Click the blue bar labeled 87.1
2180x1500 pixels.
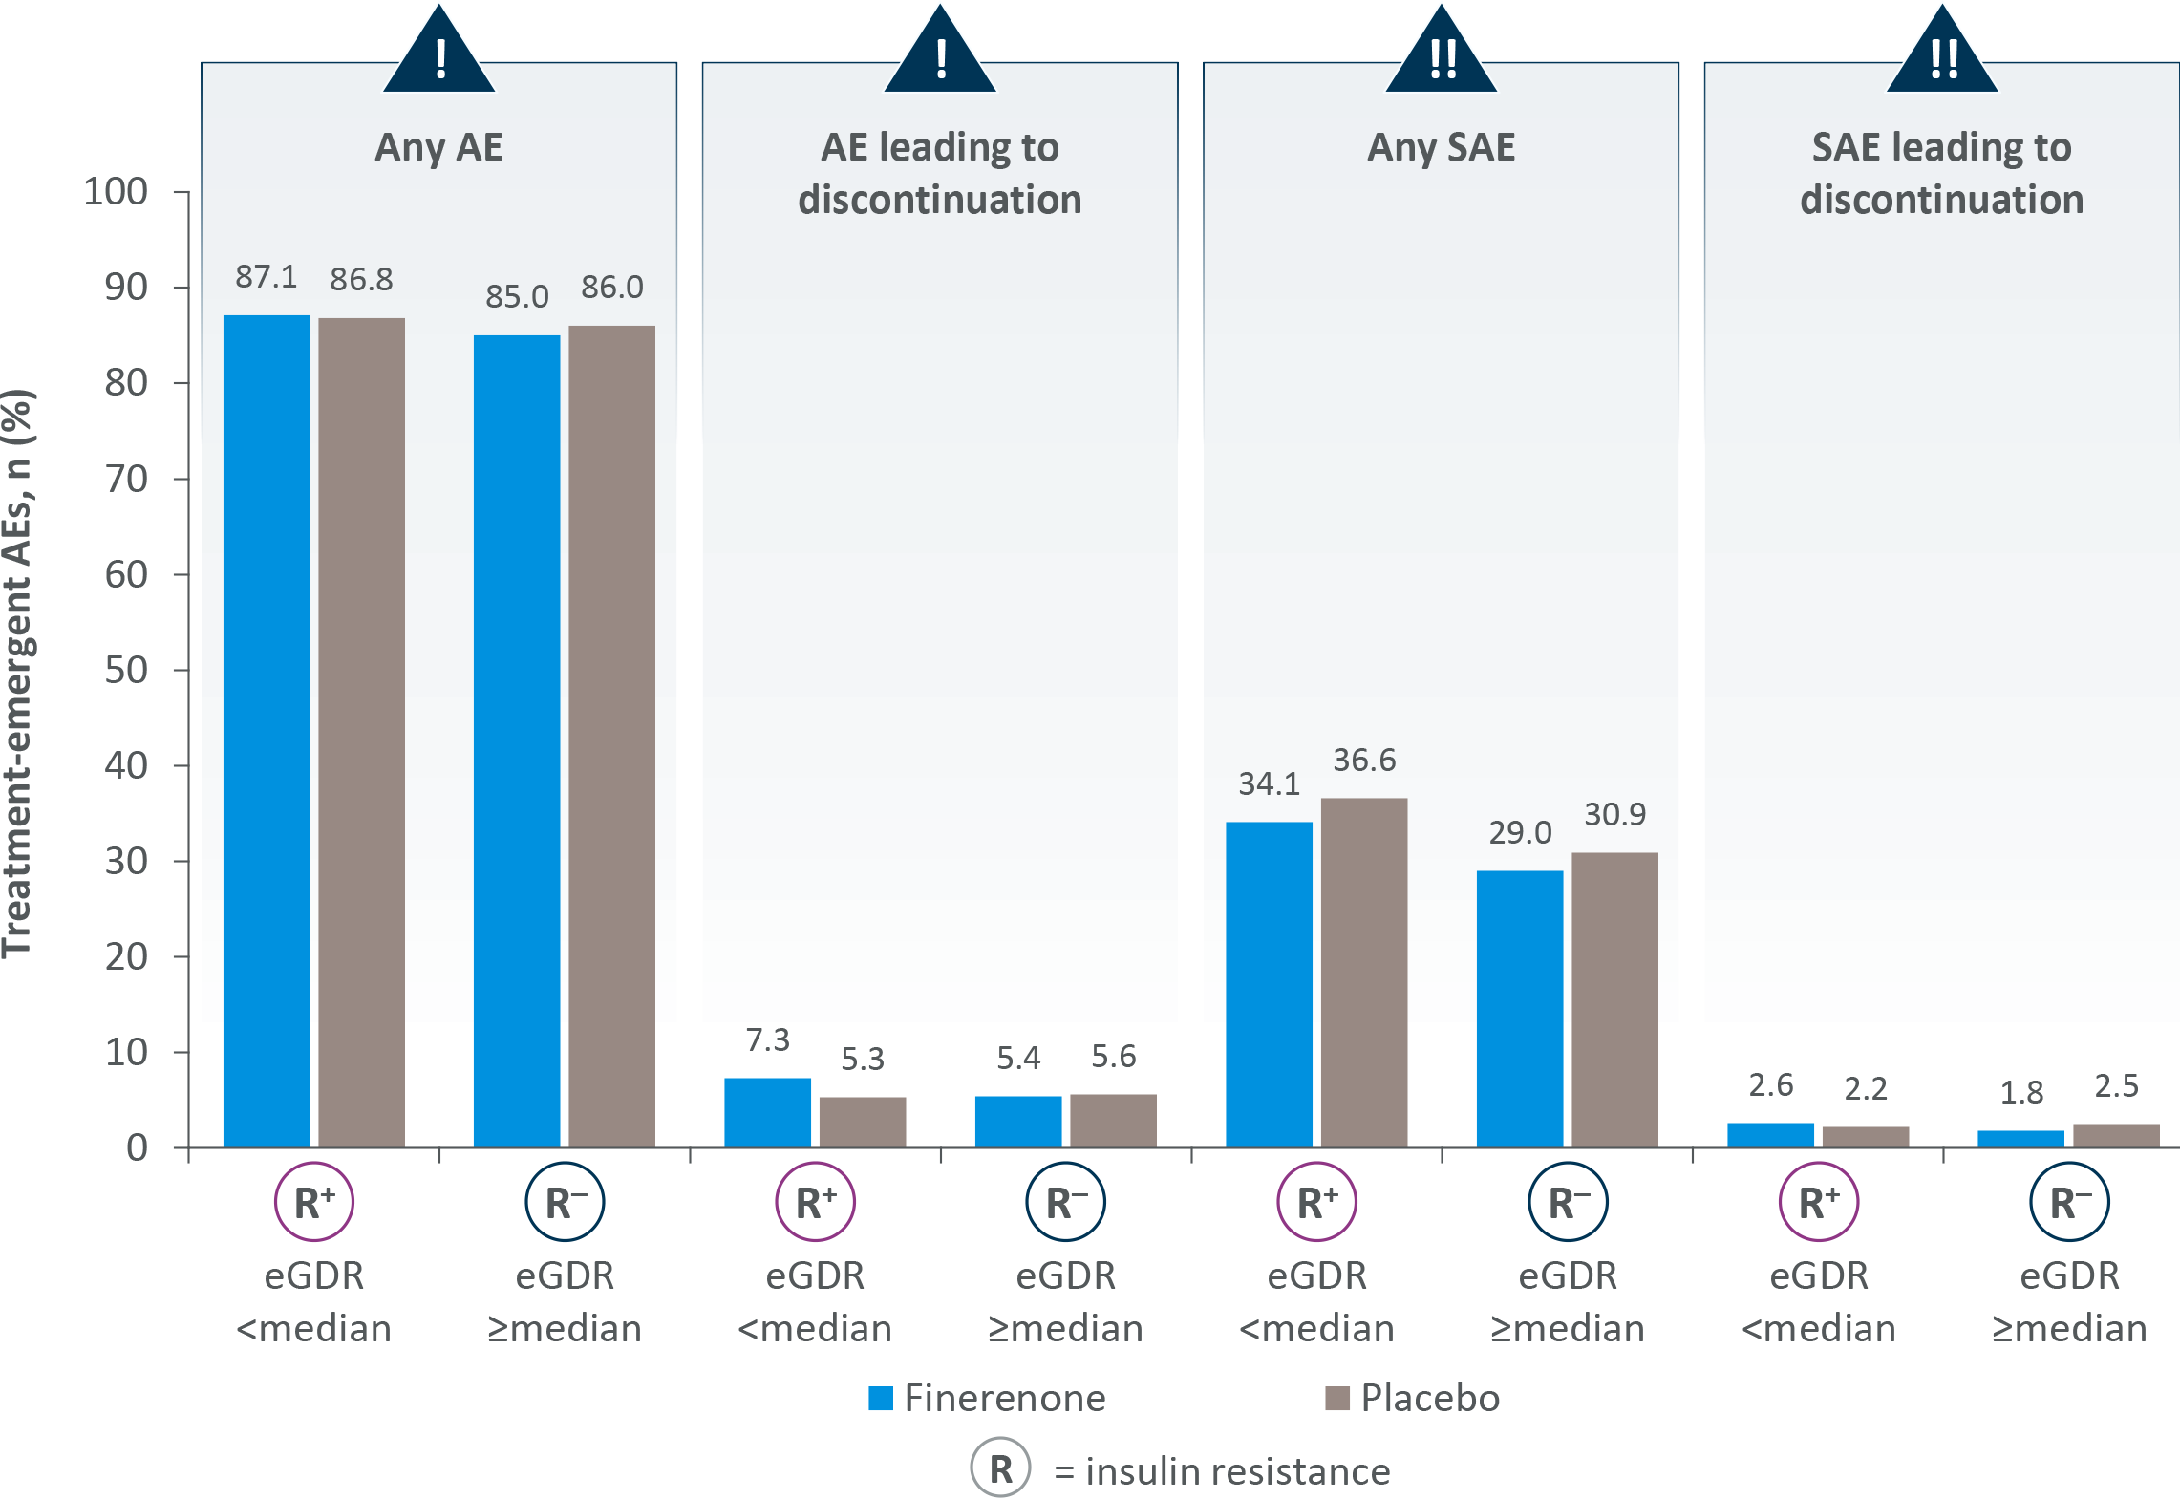pos(267,731)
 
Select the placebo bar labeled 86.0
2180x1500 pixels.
pos(612,736)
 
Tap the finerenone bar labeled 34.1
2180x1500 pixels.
pos(1269,984)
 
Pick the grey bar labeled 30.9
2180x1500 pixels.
pos(1614,999)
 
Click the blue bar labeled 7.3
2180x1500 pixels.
pos(767,1112)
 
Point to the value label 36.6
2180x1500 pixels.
pos(1364,761)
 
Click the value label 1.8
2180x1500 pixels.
pos(2021,1093)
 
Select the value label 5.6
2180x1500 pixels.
pos(1113,1057)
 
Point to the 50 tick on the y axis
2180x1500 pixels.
pos(126,670)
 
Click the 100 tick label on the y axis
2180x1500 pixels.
pos(116,192)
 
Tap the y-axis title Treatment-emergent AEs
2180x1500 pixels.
pos(19,674)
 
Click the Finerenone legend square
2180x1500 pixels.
pos(880,1398)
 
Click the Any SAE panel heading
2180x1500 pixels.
pos(1441,147)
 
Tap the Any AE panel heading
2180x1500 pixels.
pos(438,147)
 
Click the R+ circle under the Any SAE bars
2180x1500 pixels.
pos(1316,1202)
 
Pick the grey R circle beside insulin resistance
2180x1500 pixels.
pos(1000,1468)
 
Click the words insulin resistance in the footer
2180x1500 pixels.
pos(1237,1471)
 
